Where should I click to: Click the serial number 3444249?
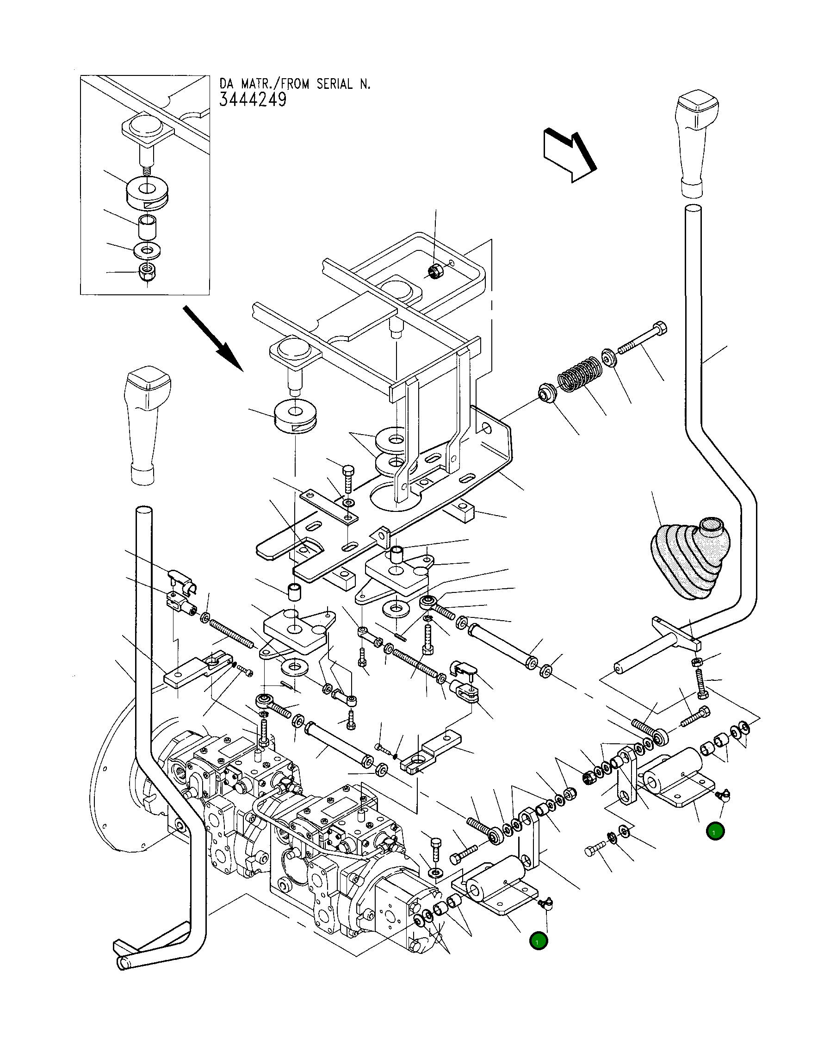253,100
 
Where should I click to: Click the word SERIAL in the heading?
334,84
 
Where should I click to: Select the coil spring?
579,374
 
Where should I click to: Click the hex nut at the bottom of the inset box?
146,272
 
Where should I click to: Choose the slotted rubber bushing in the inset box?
147,193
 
